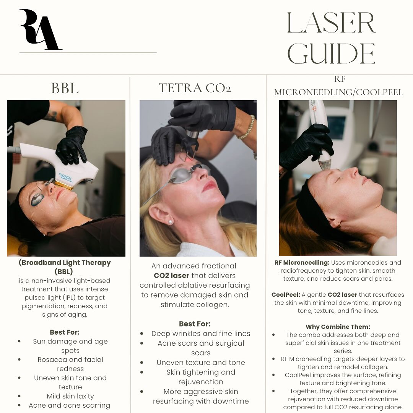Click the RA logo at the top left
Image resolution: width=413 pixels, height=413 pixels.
39,29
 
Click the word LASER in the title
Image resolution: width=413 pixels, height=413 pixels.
331,23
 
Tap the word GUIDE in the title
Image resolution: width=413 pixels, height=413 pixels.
331,54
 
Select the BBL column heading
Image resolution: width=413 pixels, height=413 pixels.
65,88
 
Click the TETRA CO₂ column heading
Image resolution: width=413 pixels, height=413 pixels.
195,88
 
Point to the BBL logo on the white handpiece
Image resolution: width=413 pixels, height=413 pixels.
66,178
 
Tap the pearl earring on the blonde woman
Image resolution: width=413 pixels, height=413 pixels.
171,222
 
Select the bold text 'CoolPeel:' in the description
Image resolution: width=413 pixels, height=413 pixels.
286,295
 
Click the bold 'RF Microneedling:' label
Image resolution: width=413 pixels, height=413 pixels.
302,263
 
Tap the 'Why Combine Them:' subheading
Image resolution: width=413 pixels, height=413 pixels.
338,327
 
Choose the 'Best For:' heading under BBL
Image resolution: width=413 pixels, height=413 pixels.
65,332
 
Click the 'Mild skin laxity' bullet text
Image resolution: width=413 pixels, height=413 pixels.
70,396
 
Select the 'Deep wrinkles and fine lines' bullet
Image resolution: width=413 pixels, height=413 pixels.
201,333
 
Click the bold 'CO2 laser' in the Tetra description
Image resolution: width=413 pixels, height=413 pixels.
171,275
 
